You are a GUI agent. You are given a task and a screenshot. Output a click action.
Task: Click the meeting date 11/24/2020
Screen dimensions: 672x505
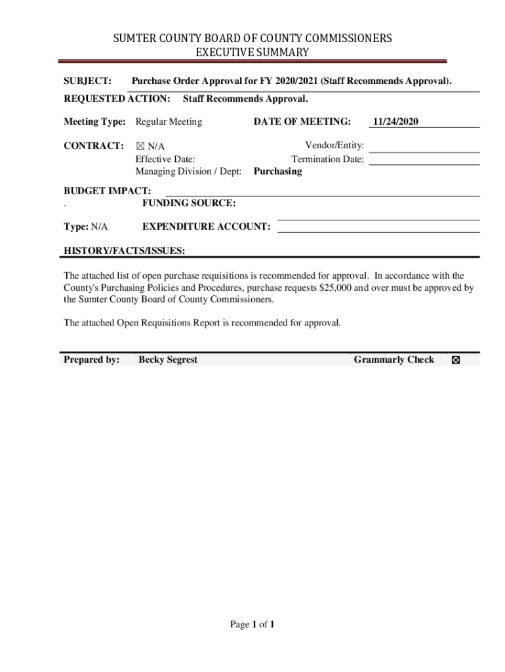click(x=395, y=121)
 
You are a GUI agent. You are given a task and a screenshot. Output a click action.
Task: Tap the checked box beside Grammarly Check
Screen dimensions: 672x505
click(x=456, y=360)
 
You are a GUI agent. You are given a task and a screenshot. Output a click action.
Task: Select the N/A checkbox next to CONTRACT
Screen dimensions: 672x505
click(x=140, y=146)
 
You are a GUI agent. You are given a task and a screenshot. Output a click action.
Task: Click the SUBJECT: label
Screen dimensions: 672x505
click(x=87, y=81)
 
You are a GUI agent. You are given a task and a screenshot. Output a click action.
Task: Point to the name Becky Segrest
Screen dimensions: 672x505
click(x=168, y=360)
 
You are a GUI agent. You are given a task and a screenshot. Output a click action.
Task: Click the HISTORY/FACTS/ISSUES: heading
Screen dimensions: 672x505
click(x=124, y=251)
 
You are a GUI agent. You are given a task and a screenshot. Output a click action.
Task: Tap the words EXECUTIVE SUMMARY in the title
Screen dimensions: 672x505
click(x=253, y=52)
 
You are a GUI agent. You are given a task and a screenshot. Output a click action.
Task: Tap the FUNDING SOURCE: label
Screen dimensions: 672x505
click(x=189, y=203)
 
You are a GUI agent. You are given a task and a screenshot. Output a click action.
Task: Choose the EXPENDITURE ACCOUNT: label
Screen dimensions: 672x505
click(x=206, y=226)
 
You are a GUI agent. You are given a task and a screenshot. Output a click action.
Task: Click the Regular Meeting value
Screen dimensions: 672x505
click(x=169, y=121)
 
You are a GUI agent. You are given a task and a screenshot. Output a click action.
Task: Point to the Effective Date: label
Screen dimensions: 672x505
click(x=165, y=159)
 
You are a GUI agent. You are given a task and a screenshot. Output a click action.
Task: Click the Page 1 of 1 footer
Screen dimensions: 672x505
click(x=252, y=624)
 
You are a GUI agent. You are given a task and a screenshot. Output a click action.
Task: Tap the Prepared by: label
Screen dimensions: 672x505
click(x=92, y=360)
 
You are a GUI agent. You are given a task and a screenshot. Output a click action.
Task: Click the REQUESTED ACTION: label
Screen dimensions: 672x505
click(x=117, y=99)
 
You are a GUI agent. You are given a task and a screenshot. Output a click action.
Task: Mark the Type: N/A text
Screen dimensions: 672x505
click(x=86, y=226)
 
